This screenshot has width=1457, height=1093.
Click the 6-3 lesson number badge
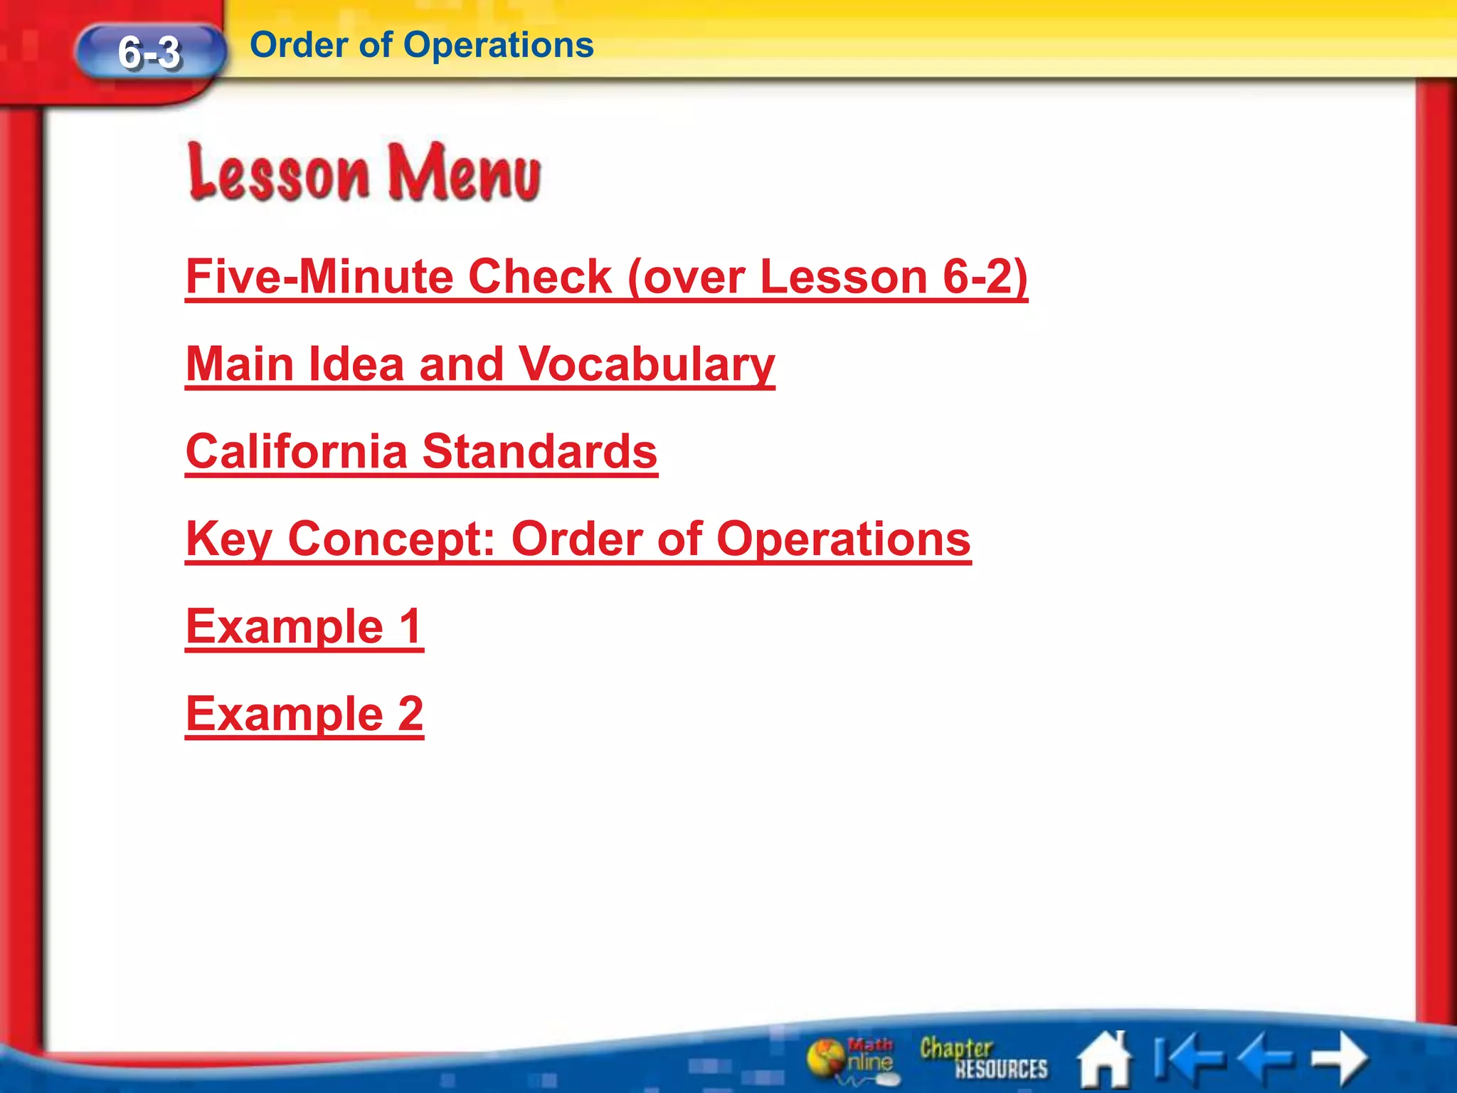pyautogui.click(x=150, y=52)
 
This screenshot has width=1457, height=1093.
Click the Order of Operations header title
pyautogui.click(x=422, y=45)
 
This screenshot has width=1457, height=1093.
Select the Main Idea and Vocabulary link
pyautogui.click(x=480, y=364)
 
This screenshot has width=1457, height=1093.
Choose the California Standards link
pyautogui.click(x=421, y=451)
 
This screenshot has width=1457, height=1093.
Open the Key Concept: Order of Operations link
pyautogui.click(x=578, y=539)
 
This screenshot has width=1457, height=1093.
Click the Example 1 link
pyautogui.click(x=304, y=626)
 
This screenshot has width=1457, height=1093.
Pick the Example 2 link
pyautogui.click(x=304, y=714)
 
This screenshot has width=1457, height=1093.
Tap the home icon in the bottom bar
pyautogui.click(x=1105, y=1060)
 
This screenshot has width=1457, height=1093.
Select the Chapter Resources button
pyautogui.click(x=983, y=1059)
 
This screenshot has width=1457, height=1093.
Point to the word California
pyautogui.click(x=297, y=451)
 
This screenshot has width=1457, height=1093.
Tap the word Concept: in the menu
pyautogui.click(x=391, y=539)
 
